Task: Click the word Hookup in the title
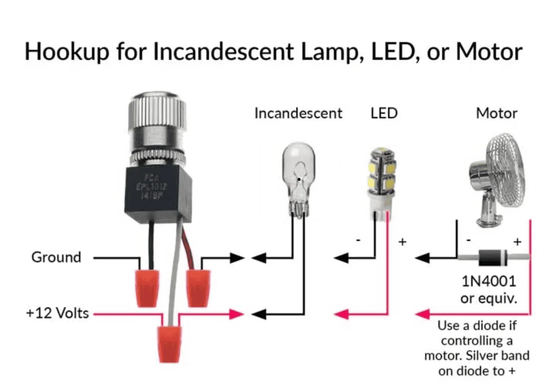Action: (x=67, y=52)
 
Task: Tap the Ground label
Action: (x=56, y=257)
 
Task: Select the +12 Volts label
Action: (x=58, y=313)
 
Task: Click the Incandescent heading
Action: (x=298, y=113)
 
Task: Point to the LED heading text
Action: (x=384, y=113)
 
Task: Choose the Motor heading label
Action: (x=496, y=113)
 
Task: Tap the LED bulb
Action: (x=382, y=184)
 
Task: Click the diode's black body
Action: (x=492, y=257)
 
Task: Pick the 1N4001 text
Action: (x=488, y=281)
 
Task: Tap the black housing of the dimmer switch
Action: (x=158, y=193)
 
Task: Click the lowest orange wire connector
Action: (x=169, y=344)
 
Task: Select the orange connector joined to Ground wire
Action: (x=147, y=288)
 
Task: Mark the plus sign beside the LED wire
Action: (x=403, y=241)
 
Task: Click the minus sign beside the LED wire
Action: (x=358, y=240)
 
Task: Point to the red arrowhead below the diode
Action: (x=423, y=314)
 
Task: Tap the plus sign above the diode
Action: (x=517, y=241)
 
